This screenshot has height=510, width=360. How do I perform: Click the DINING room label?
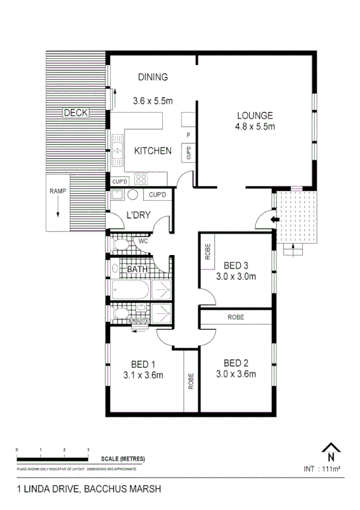coord(153,77)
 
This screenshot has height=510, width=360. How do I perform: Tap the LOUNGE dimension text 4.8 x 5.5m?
coord(255,127)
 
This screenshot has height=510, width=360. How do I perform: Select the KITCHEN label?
coord(153,151)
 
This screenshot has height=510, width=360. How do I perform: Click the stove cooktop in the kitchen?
coord(142,178)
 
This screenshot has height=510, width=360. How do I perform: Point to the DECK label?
coord(76,112)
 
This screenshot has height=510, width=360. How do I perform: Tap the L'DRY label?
coord(137,215)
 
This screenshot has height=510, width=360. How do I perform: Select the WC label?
coord(143,241)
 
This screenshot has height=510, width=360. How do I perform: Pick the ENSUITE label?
coord(139,321)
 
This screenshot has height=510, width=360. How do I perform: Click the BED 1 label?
coord(144,364)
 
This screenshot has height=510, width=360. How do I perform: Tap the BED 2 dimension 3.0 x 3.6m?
coord(236,374)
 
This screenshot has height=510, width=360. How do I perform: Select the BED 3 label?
coord(236,265)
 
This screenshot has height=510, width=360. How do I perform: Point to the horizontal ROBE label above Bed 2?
coord(236,317)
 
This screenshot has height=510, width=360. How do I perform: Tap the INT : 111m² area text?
coord(323,469)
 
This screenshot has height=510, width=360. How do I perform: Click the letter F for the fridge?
coord(189,135)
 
